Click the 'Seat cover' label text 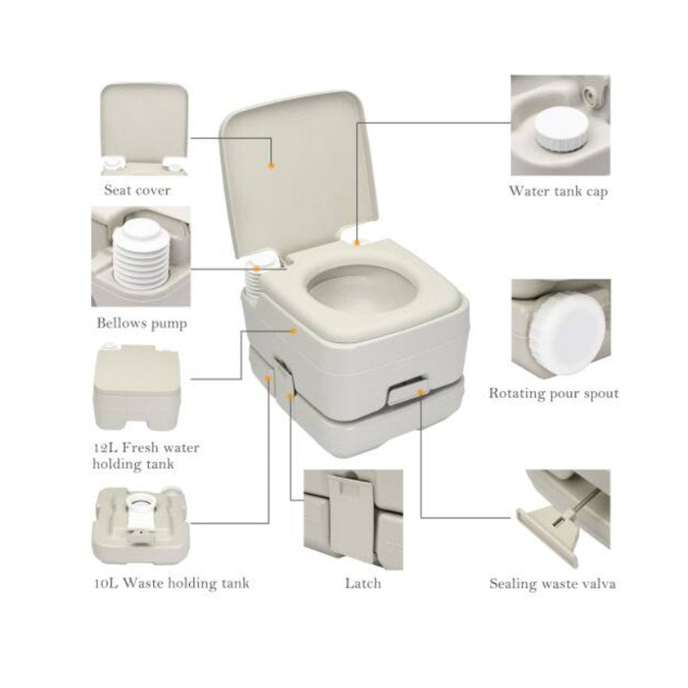click(x=137, y=190)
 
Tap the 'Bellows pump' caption click(x=142, y=323)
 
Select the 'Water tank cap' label click(x=558, y=191)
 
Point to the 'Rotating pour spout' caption click(x=554, y=393)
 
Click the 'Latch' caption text click(x=363, y=583)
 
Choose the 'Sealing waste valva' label click(x=552, y=584)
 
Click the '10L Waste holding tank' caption click(x=172, y=583)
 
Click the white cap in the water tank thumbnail click(x=561, y=130)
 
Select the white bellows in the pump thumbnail click(x=139, y=252)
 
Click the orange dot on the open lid click(x=271, y=166)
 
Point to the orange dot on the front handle click(x=421, y=392)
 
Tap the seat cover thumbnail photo click(x=144, y=130)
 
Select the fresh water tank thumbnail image click(x=137, y=386)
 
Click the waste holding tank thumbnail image click(x=141, y=524)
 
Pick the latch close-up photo click(x=353, y=519)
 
